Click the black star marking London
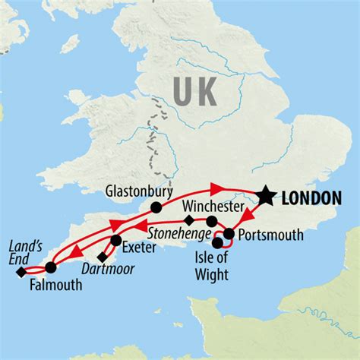[265, 196]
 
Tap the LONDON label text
[311, 197]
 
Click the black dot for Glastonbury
[156, 207]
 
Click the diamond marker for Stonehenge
[190, 221]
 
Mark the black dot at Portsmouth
[229, 233]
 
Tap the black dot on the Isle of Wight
[218, 244]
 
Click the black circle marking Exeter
[116, 241]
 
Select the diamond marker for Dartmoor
[103, 256]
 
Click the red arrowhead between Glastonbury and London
[217, 187]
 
